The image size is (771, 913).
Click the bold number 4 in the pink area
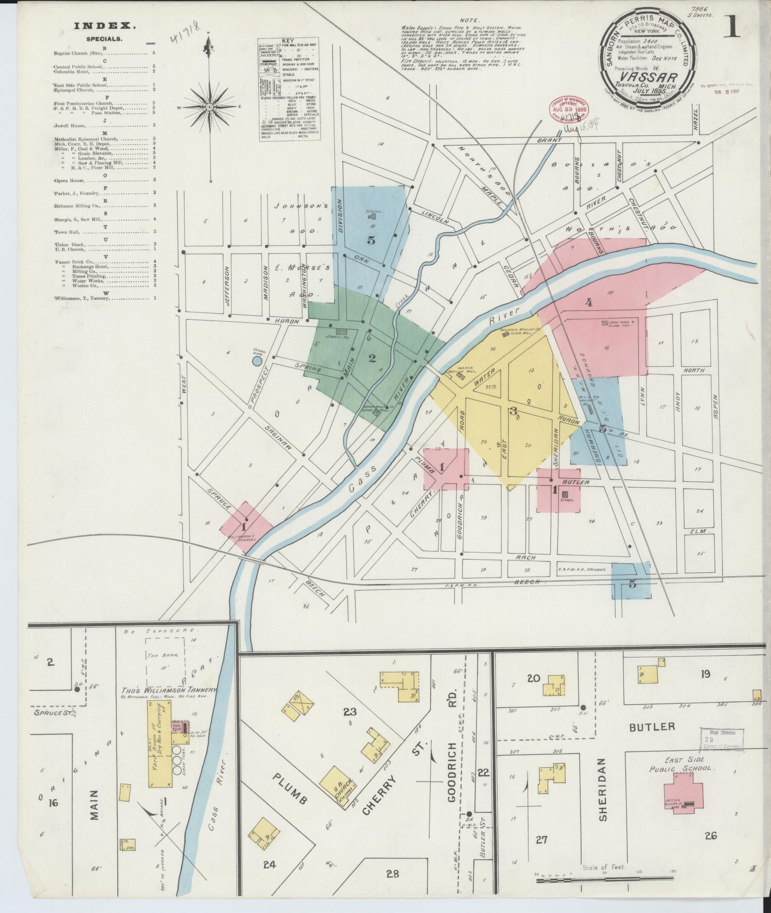click(x=589, y=302)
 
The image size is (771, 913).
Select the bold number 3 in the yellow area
click(x=512, y=411)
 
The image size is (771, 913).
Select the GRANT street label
click(x=552, y=140)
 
